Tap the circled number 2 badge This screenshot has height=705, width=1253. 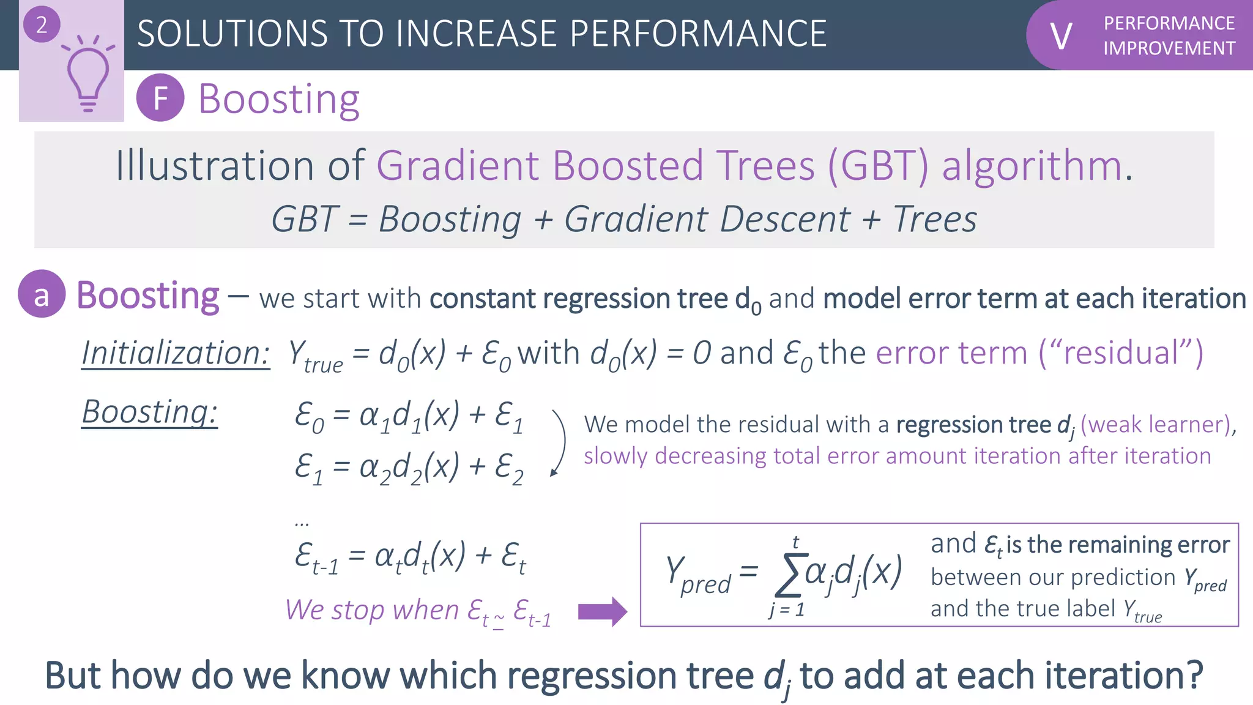pyautogui.click(x=42, y=24)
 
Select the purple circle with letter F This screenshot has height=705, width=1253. pyautogui.click(x=160, y=98)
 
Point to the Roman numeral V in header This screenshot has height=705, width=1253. pyautogui.click(x=1061, y=36)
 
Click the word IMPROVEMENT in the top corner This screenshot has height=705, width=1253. pyautogui.click(x=1169, y=48)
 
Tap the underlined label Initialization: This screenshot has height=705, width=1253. pyautogui.click(x=176, y=354)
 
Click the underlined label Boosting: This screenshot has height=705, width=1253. pyautogui.click(x=150, y=412)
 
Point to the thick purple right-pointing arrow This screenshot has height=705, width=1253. pyautogui.click(x=602, y=611)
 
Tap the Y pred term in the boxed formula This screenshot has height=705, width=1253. pyautogui.click(x=697, y=574)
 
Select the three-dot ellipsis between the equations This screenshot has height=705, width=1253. pyautogui.click(x=302, y=524)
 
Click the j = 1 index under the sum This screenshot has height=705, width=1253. pyautogui.click(x=787, y=610)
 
